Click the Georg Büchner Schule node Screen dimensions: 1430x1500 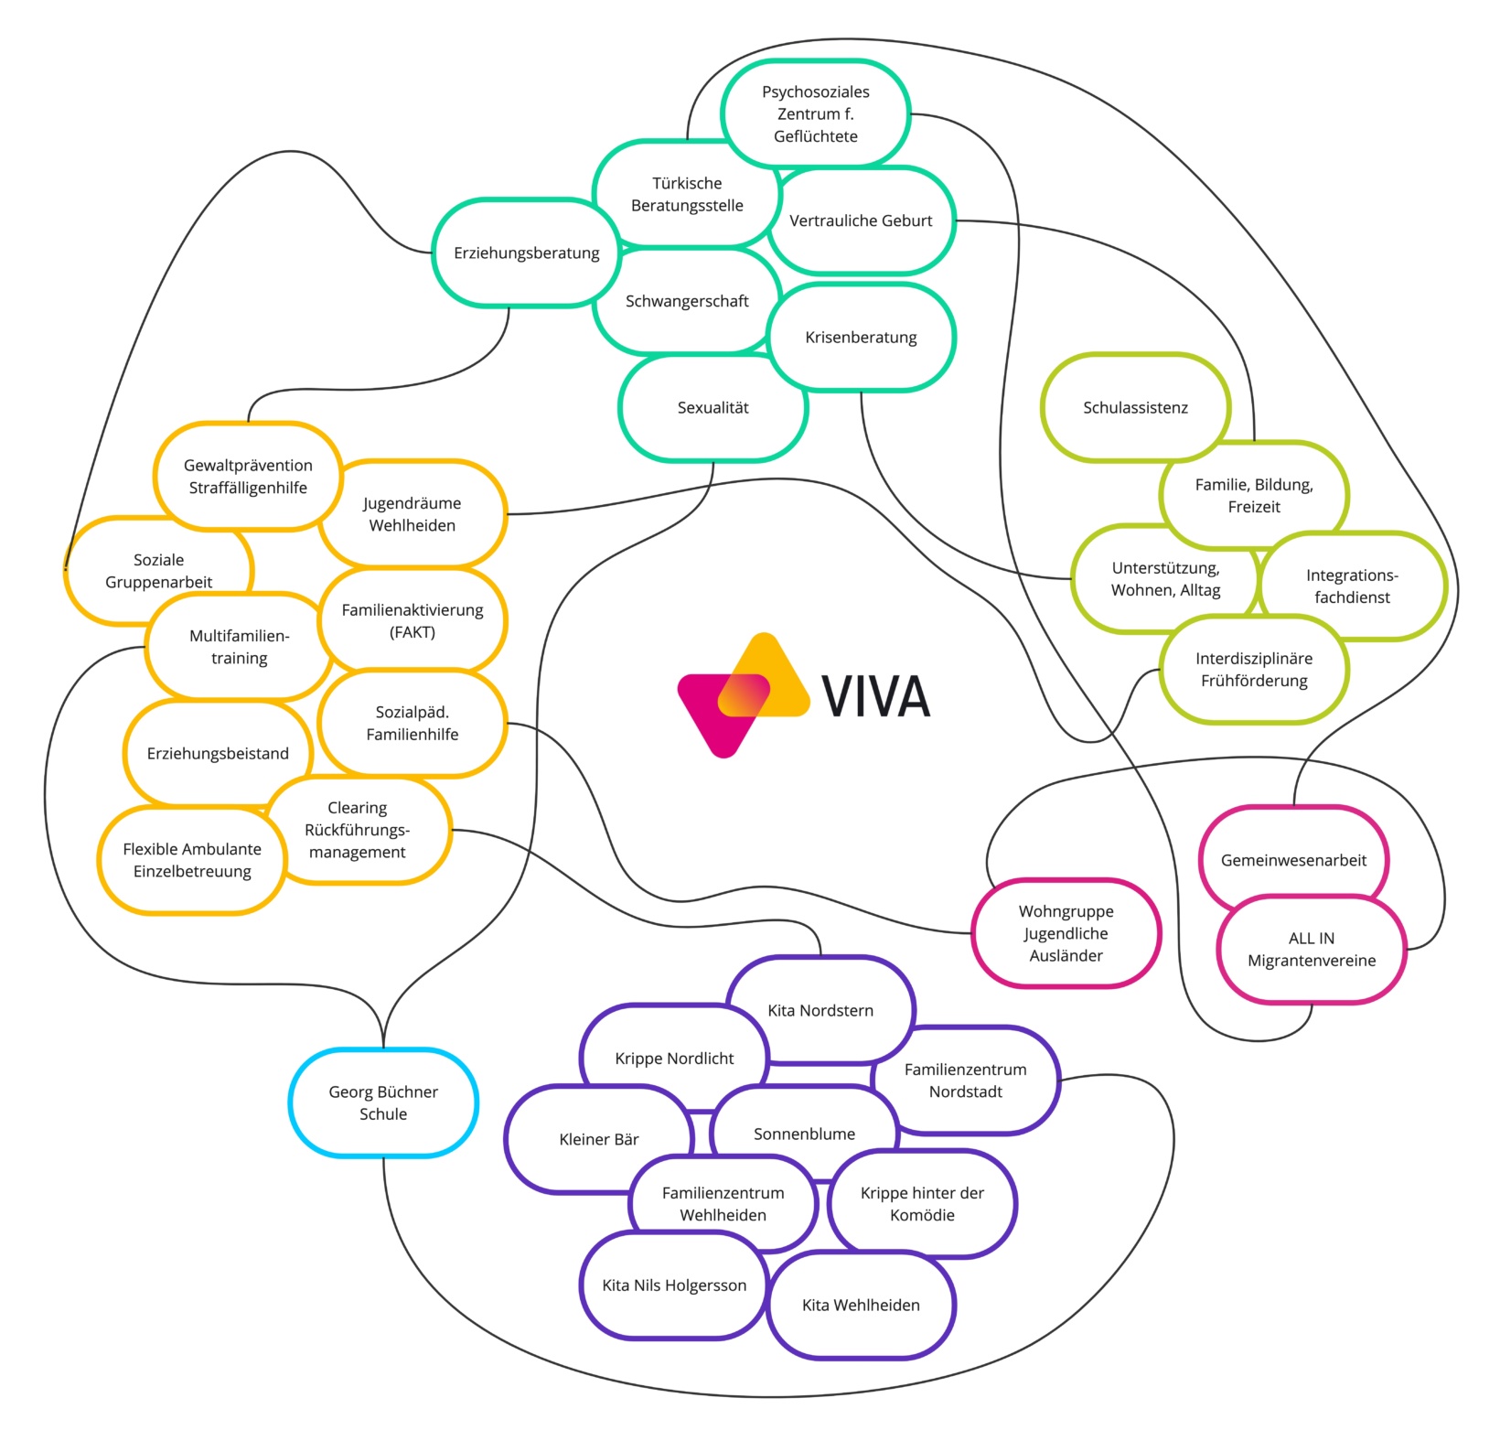[x=383, y=1102]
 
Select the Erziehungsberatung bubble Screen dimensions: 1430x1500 [x=526, y=253]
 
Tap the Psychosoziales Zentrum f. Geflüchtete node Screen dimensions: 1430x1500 [x=815, y=113]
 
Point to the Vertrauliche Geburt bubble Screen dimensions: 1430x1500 [x=861, y=220]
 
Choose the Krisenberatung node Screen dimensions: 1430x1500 [x=861, y=337]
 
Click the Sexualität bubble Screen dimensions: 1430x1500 [x=712, y=408]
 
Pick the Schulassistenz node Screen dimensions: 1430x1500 [x=1135, y=408]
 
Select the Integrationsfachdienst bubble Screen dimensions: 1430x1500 [x=1352, y=586]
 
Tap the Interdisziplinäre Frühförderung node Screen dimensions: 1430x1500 [x=1254, y=670]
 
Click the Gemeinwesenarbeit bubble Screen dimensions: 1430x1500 [x=1293, y=860]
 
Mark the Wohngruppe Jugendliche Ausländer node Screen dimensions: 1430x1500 [x=1066, y=933]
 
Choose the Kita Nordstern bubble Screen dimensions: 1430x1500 [x=820, y=1011]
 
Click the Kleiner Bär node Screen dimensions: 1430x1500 [x=598, y=1140]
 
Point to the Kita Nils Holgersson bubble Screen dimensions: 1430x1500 [x=674, y=1285]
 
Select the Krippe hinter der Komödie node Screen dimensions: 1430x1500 [x=922, y=1204]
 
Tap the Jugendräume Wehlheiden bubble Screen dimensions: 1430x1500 [x=412, y=514]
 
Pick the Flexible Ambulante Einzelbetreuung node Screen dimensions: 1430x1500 [x=192, y=860]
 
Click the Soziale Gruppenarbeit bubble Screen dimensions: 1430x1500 [x=158, y=571]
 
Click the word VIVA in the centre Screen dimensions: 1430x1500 [x=875, y=696]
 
